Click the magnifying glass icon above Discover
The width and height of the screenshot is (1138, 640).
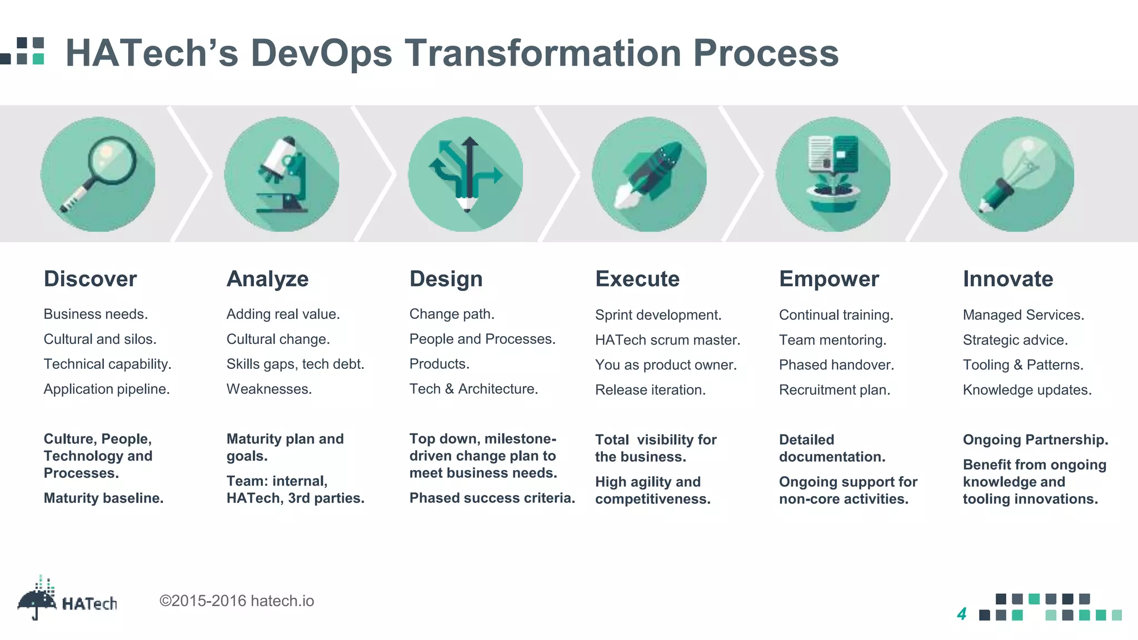[x=98, y=174]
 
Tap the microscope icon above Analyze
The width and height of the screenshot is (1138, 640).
[x=282, y=174]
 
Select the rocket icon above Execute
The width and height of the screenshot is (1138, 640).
[x=649, y=174]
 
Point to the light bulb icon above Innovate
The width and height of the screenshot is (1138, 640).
[x=1017, y=174]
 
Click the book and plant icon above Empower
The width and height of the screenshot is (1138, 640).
[x=833, y=174]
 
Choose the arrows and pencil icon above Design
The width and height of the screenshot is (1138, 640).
[x=466, y=174]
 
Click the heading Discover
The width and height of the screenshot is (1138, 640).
[x=90, y=279]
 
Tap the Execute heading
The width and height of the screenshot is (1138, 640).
[x=637, y=279]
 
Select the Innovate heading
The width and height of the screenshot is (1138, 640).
[x=1008, y=279]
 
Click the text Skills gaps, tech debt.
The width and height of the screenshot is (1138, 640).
[x=295, y=364]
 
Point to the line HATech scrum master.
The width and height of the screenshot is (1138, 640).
[x=667, y=340]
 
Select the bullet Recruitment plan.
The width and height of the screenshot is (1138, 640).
[x=834, y=390]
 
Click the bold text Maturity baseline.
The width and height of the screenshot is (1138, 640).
[x=103, y=498]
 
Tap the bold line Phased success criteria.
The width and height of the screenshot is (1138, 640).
[x=492, y=498]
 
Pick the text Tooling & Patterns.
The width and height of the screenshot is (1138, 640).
[x=1023, y=365]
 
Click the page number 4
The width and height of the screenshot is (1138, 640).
[x=962, y=614]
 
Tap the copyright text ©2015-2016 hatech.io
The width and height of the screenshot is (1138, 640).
[x=237, y=601]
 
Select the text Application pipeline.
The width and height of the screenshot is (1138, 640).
[x=107, y=389]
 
